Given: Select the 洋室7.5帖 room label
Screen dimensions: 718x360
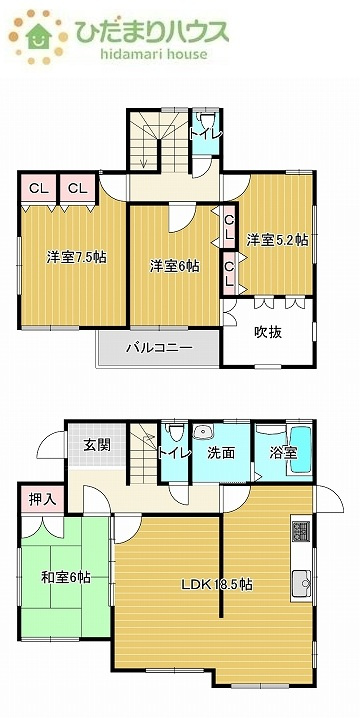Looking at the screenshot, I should [x=76, y=257].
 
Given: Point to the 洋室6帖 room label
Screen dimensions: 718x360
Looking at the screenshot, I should [x=175, y=266].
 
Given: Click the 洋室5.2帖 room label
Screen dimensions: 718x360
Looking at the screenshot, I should [x=277, y=240].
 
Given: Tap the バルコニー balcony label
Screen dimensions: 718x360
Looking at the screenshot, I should [x=158, y=349].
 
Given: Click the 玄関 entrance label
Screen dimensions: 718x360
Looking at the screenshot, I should [x=97, y=445].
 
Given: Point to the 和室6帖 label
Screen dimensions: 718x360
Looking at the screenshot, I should [x=66, y=577].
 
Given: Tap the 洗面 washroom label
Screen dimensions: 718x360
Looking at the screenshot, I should [x=221, y=452].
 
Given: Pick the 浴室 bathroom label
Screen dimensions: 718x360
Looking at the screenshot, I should [x=283, y=453].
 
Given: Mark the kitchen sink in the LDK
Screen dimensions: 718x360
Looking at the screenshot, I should [x=301, y=580].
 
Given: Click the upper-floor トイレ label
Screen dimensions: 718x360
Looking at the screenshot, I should [x=206, y=131].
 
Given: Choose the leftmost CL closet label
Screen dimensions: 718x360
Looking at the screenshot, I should [x=38, y=188].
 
